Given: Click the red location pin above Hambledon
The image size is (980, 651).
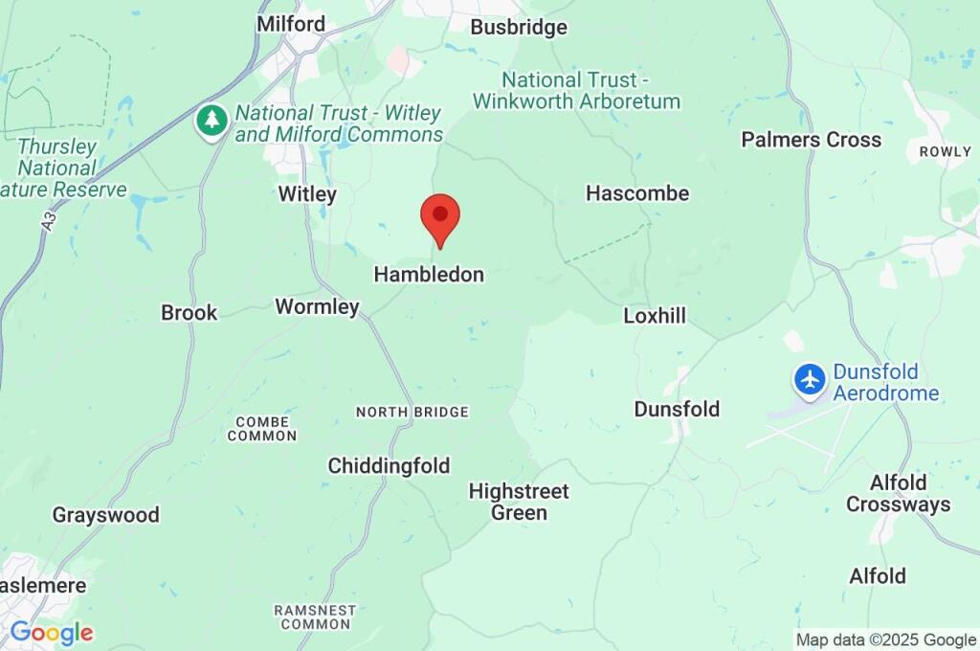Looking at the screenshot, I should pos(440,216).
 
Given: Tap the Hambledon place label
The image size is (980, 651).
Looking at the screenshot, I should pos(429,275).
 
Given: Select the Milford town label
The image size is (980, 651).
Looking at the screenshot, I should pos(291,24).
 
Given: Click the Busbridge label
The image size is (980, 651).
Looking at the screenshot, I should pos(519,28).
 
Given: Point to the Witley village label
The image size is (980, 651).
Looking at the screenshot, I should pos(307,195).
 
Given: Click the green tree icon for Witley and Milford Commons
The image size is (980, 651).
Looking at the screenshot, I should pos(212,122).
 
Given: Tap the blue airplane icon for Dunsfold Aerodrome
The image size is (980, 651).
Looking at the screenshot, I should pos(810,379).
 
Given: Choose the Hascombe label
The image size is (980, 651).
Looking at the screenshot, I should pos(637,193).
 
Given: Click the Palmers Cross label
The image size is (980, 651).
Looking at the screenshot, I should pos(811,140).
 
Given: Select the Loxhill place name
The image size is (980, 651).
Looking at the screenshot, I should pos(655,316).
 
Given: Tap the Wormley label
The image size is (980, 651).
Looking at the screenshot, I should pos(317,307).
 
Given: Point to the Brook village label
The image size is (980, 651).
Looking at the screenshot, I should pos(189,313).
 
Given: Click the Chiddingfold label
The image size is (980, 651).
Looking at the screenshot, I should pos(389,466).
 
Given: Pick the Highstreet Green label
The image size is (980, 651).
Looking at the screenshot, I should pos(519,502).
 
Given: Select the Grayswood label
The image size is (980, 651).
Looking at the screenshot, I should pos(105,515).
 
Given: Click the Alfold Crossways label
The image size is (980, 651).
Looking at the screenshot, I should pos(898,494).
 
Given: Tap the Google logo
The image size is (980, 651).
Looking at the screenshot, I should pos(52,633).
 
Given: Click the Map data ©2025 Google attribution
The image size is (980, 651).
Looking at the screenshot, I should pos(886,640).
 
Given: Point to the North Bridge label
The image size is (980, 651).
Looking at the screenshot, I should pos(412,413).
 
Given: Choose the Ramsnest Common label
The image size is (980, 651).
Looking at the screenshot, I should pos(314,617).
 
